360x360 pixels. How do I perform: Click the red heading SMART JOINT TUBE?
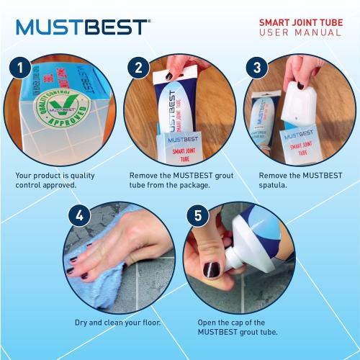pyautogui.click(x=300, y=22)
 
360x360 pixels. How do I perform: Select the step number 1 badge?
pyautogui.click(x=22, y=68)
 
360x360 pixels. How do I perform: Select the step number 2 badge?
pyautogui.click(x=138, y=68)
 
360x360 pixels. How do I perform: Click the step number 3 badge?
pyautogui.click(x=256, y=68)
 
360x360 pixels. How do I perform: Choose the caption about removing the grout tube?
pyautogui.click(x=174, y=179)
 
